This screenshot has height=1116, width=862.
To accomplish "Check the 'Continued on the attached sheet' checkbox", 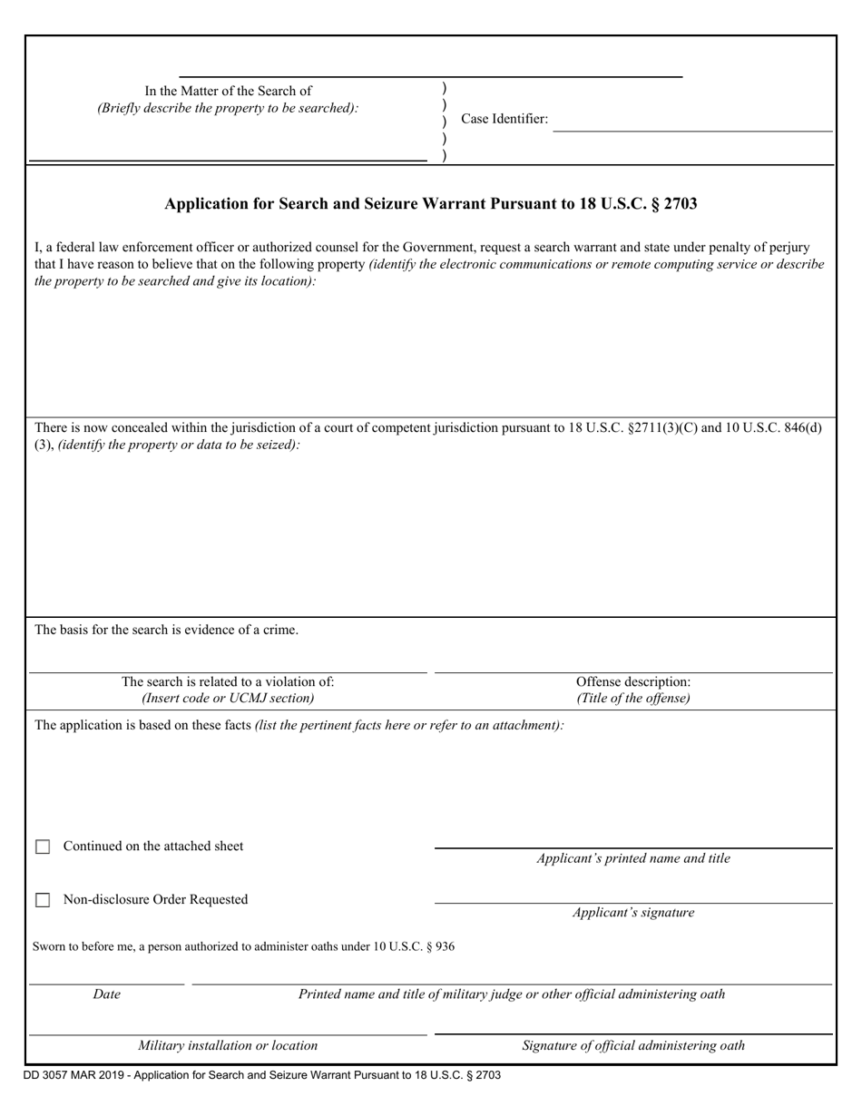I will pyautogui.click(x=43, y=847).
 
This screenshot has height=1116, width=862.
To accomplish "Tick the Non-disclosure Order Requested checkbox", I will pyautogui.click(x=43, y=900).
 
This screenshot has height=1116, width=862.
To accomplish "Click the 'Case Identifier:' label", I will pyautogui.click(x=504, y=119).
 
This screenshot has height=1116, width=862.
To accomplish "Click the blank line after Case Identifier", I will pyautogui.click(x=692, y=130).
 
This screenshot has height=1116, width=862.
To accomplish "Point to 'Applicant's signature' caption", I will pyautogui.click(x=633, y=913).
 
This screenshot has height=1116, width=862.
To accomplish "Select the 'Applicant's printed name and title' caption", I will pyautogui.click(x=633, y=858).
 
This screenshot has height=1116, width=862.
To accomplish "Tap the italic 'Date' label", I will pyautogui.click(x=106, y=994).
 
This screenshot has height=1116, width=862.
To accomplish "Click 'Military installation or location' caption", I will pyautogui.click(x=228, y=1045).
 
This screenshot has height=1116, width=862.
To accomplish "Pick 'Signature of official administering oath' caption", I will pyautogui.click(x=633, y=1045).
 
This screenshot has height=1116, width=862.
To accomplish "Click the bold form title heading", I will pyautogui.click(x=431, y=204).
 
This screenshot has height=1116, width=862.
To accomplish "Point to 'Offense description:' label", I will pyautogui.click(x=633, y=681).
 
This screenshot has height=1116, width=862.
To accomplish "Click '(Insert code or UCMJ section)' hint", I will pyautogui.click(x=228, y=698).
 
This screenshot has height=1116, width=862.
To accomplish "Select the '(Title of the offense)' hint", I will pyautogui.click(x=633, y=698).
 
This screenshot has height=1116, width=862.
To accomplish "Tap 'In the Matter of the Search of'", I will pyautogui.click(x=228, y=91).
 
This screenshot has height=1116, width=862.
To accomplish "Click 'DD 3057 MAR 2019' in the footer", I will pyautogui.click(x=68, y=1075).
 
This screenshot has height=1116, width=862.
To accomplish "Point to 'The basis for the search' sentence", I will pyautogui.click(x=166, y=630).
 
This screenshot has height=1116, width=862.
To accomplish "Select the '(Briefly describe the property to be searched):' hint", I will pyautogui.click(x=228, y=108).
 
